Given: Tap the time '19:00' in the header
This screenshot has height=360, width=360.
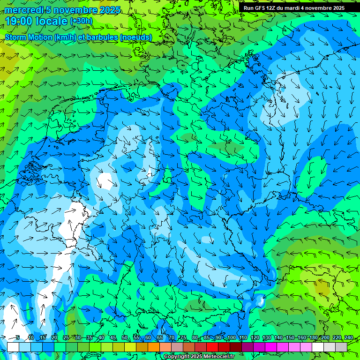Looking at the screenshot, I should (x=19, y=21).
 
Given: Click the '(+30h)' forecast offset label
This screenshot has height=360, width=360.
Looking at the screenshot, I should (x=81, y=21).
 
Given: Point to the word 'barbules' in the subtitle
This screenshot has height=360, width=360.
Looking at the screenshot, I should (x=103, y=37).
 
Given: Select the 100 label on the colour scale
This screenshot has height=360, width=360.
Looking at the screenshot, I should (x=231, y=338).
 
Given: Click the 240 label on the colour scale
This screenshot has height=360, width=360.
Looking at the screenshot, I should (x=336, y=338).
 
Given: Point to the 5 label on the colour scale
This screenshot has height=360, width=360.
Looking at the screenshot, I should (x=17, y=338).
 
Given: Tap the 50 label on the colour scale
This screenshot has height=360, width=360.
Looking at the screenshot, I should (x=124, y=338).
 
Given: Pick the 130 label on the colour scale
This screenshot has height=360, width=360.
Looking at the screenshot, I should (x=266, y=338).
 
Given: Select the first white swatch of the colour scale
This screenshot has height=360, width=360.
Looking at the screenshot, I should (x=13, y=347).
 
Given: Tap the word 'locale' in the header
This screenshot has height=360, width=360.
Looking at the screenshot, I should (x=52, y=21).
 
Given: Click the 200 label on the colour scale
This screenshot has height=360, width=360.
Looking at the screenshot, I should (x=324, y=338).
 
